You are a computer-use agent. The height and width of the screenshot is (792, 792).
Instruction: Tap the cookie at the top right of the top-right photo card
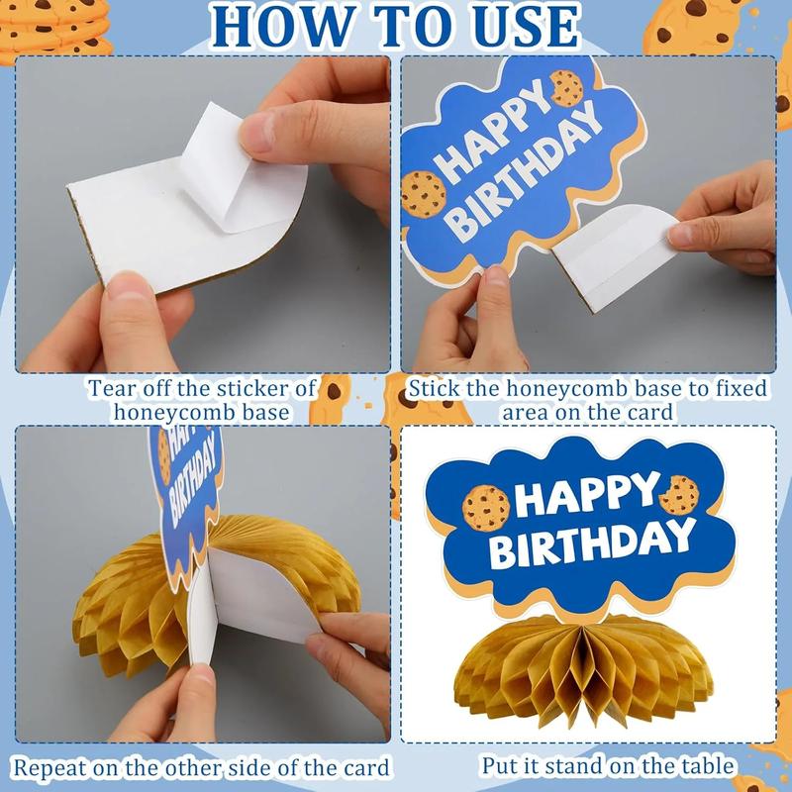[566, 88]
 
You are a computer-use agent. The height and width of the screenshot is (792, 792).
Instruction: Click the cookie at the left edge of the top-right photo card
[419, 194]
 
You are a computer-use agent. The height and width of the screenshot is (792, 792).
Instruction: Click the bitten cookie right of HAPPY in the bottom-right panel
[679, 494]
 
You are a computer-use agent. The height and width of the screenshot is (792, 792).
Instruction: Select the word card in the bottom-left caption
[361, 766]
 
